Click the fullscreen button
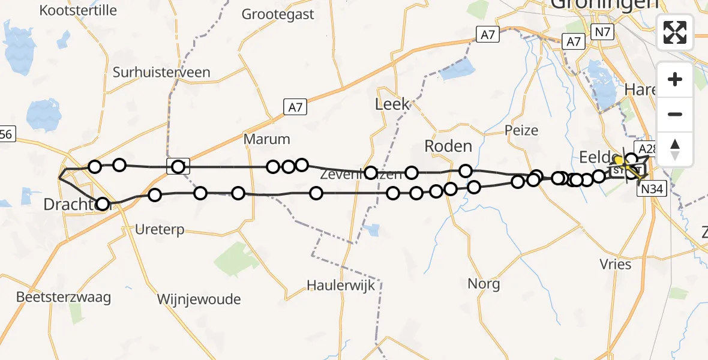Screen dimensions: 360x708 click(675, 32)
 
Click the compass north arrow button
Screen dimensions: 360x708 click(675, 149)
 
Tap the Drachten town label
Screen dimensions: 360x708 click(69, 205)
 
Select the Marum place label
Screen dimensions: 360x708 click(266, 139)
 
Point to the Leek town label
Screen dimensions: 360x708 click(392, 104)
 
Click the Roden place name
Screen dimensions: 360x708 click(448, 146)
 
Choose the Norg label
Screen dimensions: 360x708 click(484, 283)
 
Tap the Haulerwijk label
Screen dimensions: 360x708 click(340, 285)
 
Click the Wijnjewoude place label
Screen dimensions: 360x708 click(199, 299)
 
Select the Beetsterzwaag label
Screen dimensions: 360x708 click(64, 297)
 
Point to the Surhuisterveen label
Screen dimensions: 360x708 click(161, 73)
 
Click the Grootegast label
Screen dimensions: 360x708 click(278, 14)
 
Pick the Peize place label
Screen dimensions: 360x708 click(521, 130)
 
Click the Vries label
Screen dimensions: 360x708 click(615, 264)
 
